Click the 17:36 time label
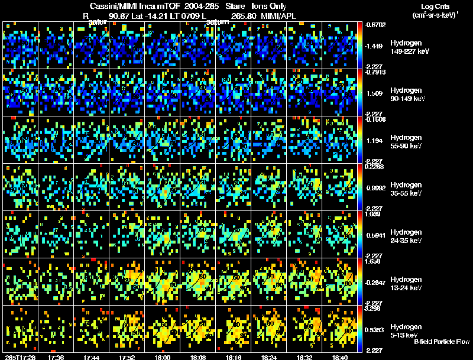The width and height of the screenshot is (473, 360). point(57,356)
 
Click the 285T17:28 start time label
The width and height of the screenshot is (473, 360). point(18,356)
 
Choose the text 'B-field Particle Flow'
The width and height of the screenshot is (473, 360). point(441,342)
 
